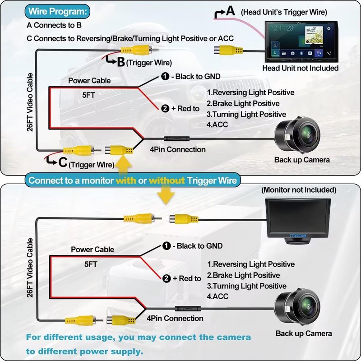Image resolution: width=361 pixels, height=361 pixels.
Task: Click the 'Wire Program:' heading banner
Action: (x=58, y=11)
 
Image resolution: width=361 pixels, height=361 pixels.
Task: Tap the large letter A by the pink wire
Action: (x=231, y=11)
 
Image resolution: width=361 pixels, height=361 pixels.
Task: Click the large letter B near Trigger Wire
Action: (x=120, y=62)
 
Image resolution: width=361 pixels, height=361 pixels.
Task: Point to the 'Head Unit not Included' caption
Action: (x=300, y=68)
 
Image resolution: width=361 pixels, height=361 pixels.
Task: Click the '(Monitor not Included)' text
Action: (x=299, y=190)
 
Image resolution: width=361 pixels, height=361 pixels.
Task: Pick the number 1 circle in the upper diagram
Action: (x=166, y=77)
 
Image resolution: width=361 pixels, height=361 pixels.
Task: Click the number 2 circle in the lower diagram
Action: (x=166, y=278)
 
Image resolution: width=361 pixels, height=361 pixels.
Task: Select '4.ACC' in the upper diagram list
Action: (x=218, y=125)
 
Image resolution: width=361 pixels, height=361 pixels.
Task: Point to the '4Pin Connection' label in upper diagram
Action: (x=177, y=149)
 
